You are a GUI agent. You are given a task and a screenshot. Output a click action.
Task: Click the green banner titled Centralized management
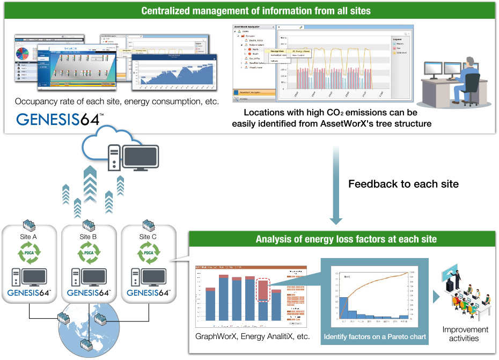(249, 10)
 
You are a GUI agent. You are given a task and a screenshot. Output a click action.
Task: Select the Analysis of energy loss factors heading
(346, 239)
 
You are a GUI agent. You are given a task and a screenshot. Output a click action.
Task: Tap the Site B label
(88, 237)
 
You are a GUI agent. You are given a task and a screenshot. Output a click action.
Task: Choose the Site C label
(148, 237)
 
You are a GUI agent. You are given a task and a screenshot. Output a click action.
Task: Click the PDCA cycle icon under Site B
(88, 254)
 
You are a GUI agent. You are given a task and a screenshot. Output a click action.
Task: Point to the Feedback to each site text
(403, 184)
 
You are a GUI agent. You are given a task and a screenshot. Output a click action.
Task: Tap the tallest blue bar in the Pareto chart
(342, 310)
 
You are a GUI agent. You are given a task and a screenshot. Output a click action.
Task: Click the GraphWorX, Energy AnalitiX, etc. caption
(252, 337)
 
